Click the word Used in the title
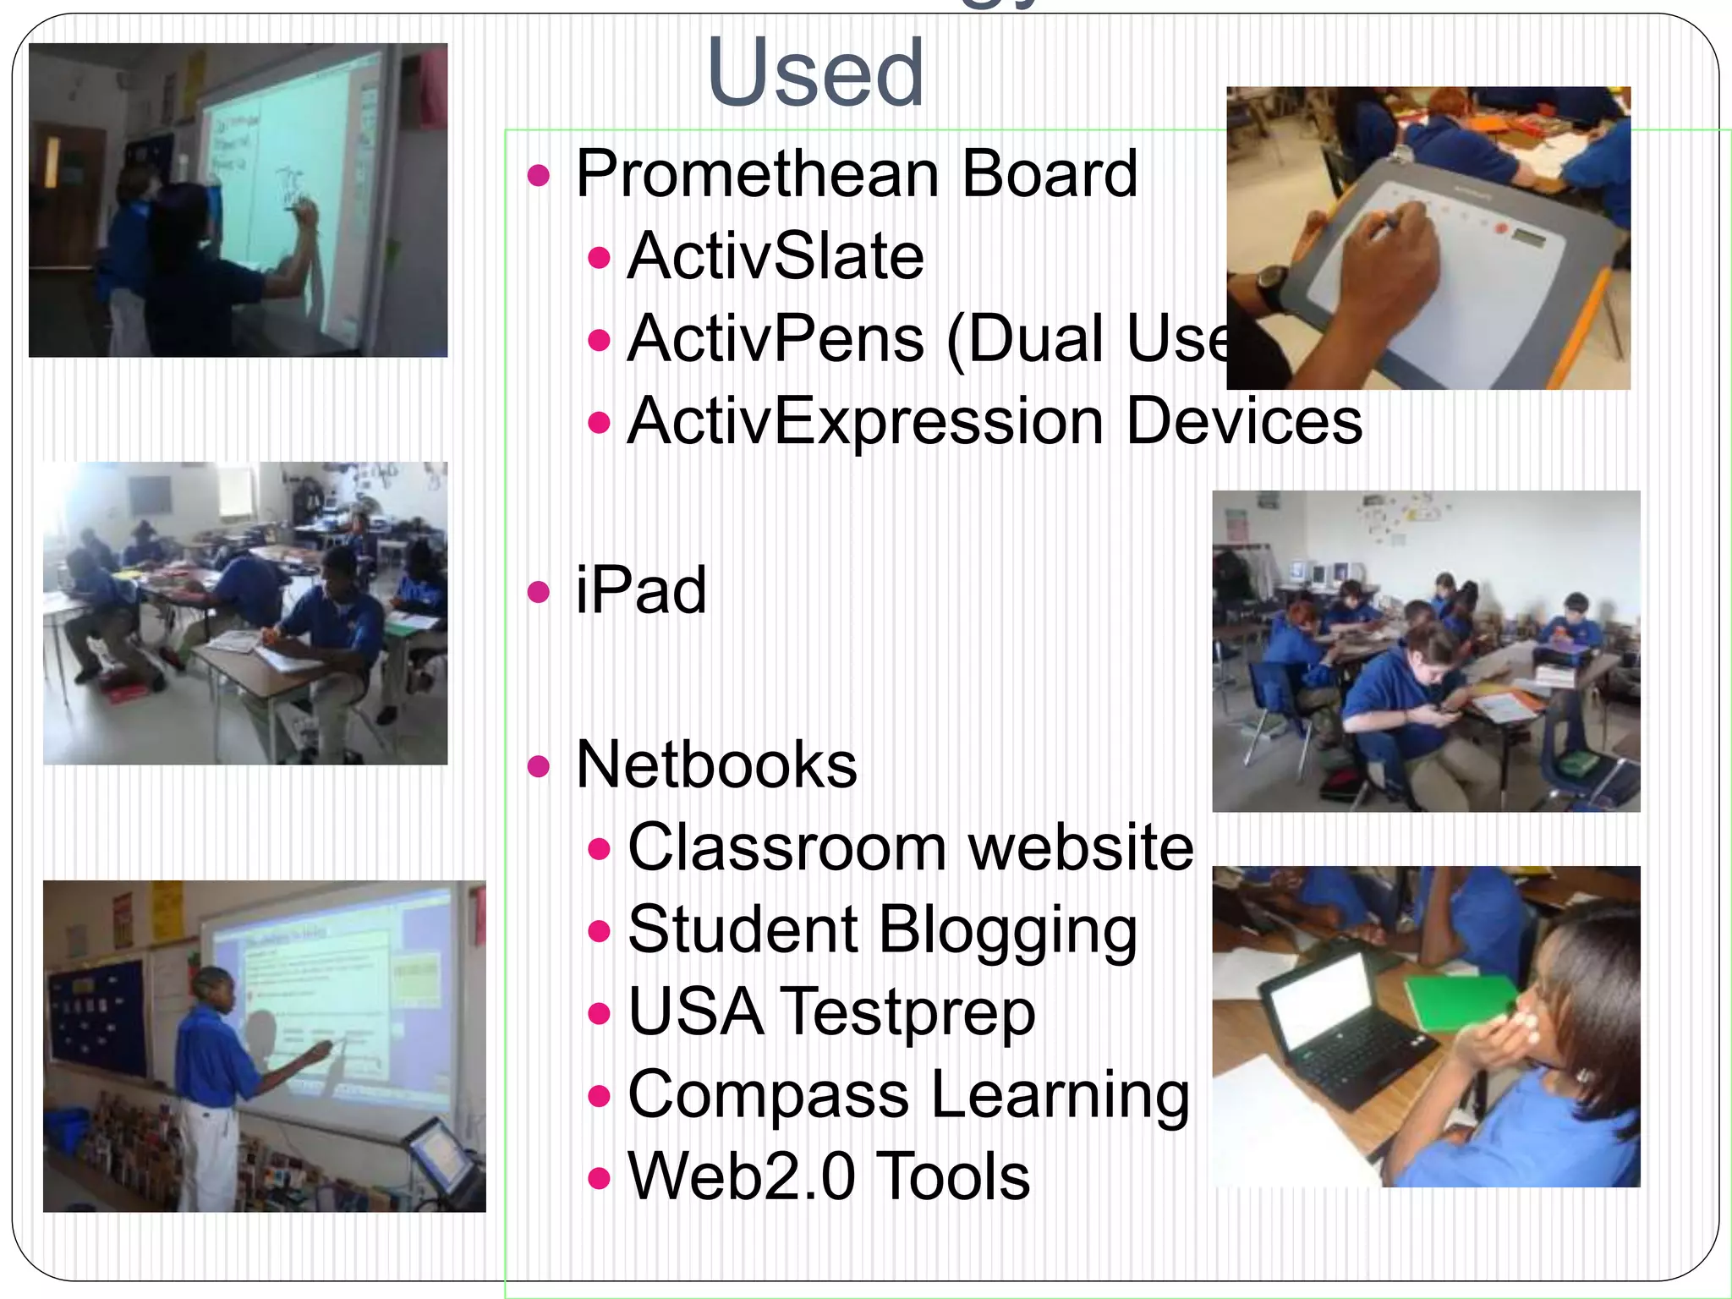tap(815, 74)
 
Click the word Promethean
tap(757, 174)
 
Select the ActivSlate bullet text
tap(776, 256)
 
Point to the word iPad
tap(640, 590)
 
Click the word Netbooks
tap(715, 765)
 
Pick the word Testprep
tap(908, 1012)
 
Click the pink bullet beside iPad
tap(538, 591)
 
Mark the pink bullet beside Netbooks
tap(538, 766)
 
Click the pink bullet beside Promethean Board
tap(538, 176)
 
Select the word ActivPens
tap(776, 339)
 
